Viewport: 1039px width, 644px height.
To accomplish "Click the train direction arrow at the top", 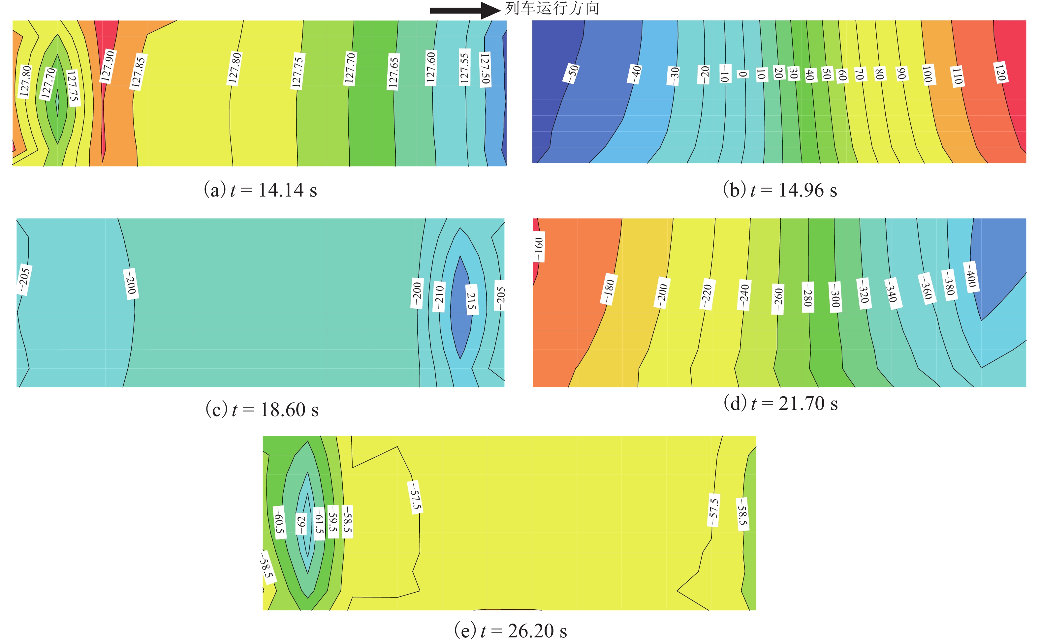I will [464, 10].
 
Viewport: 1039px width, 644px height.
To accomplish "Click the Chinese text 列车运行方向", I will [552, 8].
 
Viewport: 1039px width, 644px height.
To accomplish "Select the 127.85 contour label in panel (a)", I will [138, 72].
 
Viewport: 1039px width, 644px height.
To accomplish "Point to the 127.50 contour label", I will [485, 70].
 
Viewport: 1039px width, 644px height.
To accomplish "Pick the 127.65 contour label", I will [393, 72].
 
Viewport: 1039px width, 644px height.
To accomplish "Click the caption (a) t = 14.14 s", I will [260, 190].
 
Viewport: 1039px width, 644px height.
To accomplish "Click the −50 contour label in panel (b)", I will [572, 73].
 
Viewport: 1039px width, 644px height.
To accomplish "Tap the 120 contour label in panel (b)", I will [1000, 72].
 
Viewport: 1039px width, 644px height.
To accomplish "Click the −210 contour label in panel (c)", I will [439, 296].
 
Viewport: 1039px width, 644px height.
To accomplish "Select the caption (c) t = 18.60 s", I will [262, 410].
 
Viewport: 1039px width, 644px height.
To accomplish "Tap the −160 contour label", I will [538, 250].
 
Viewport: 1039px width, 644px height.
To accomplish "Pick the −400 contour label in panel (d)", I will [971, 277].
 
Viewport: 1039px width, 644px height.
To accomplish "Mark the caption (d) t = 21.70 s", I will [780, 403].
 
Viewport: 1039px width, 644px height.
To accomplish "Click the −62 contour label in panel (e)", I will [301, 524].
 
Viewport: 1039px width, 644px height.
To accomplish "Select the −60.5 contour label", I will [279, 522].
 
